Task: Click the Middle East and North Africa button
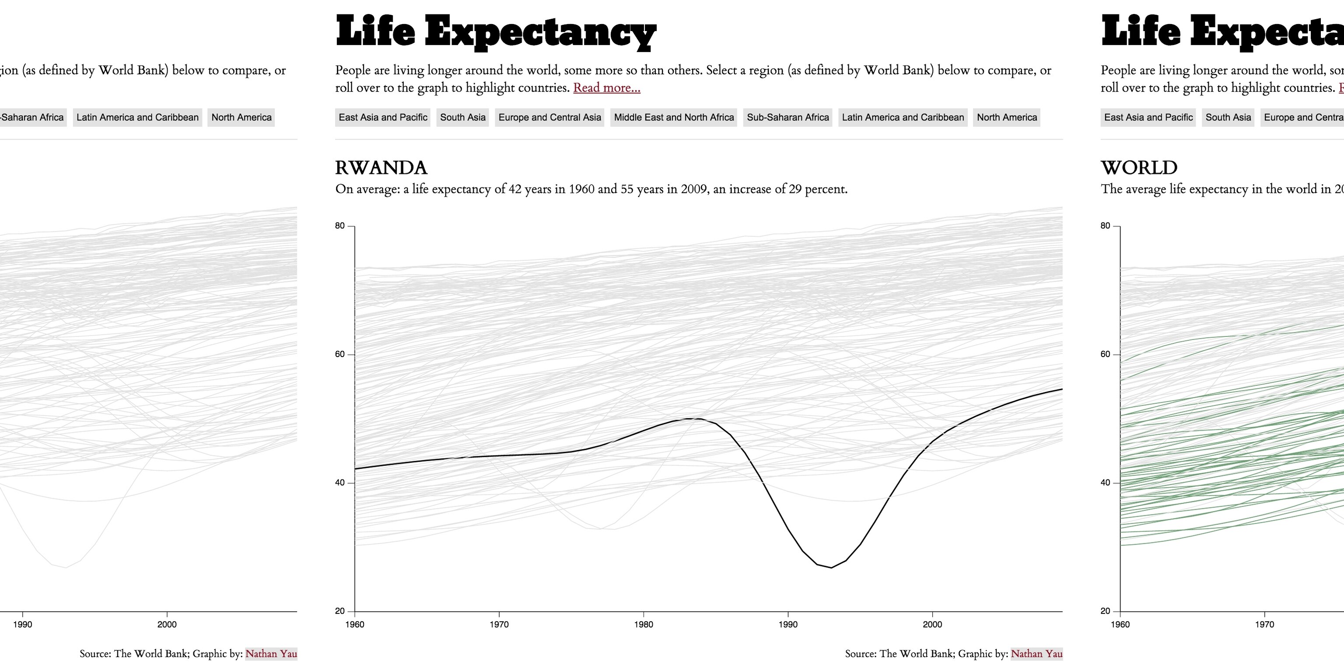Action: [x=674, y=117]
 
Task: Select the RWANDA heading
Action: [x=381, y=168]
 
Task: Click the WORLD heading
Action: [x=1139, y=168]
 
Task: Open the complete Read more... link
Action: [x=606, y=87]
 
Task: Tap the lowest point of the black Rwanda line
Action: [x=831, y=567]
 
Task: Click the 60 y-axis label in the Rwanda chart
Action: [x=339, y=354]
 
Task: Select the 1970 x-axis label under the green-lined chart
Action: [x=1264, y=624]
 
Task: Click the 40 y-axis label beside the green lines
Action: [x=1105, y=483]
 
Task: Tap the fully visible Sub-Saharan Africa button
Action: [x=788, y=117]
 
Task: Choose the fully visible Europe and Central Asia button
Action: [x=549, y=117]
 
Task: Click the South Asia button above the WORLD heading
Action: [x=1228, y=117]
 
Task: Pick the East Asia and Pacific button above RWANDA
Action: [x=382, y=117]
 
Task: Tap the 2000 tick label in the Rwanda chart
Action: [x=932, y=624]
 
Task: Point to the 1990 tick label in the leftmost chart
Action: [x=22, y=624]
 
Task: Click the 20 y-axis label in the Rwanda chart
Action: [x=339, y=611]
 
